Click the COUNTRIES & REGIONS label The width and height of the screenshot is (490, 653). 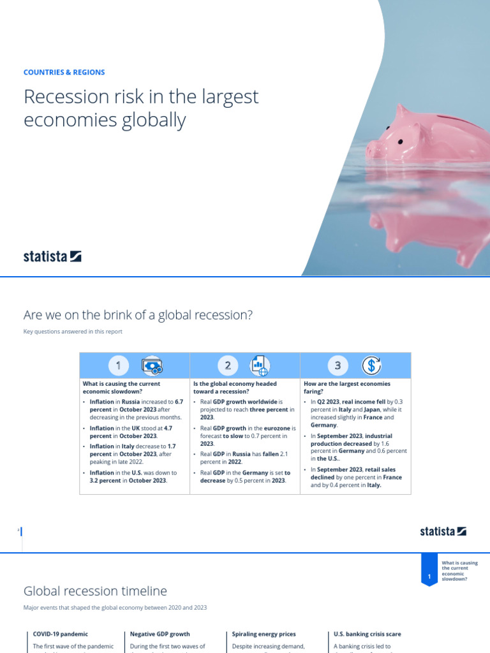click(x=64, y=73)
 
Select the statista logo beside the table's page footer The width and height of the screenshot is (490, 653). click(x=443, y=531)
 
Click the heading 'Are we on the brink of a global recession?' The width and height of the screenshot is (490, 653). click(x=138, y=315)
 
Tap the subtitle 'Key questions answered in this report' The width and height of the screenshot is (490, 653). click(x=73, y=332)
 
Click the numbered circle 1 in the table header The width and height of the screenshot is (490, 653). click(x=118, y=365)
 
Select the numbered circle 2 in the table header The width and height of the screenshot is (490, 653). click(x=228, y=365)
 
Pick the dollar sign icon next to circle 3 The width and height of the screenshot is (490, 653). click(x=371, y=365)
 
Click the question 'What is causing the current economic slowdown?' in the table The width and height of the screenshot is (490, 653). click(x=121, y=388)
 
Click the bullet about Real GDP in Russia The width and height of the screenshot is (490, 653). click(x=243, y=457)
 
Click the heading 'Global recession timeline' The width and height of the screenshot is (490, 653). click(x=95, y=591)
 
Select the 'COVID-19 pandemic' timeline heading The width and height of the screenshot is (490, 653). click(x=60, y=634)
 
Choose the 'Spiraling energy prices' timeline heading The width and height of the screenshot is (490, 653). click(x=264, y=634)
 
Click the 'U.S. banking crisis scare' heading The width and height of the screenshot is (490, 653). click(x=367, y=634)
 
